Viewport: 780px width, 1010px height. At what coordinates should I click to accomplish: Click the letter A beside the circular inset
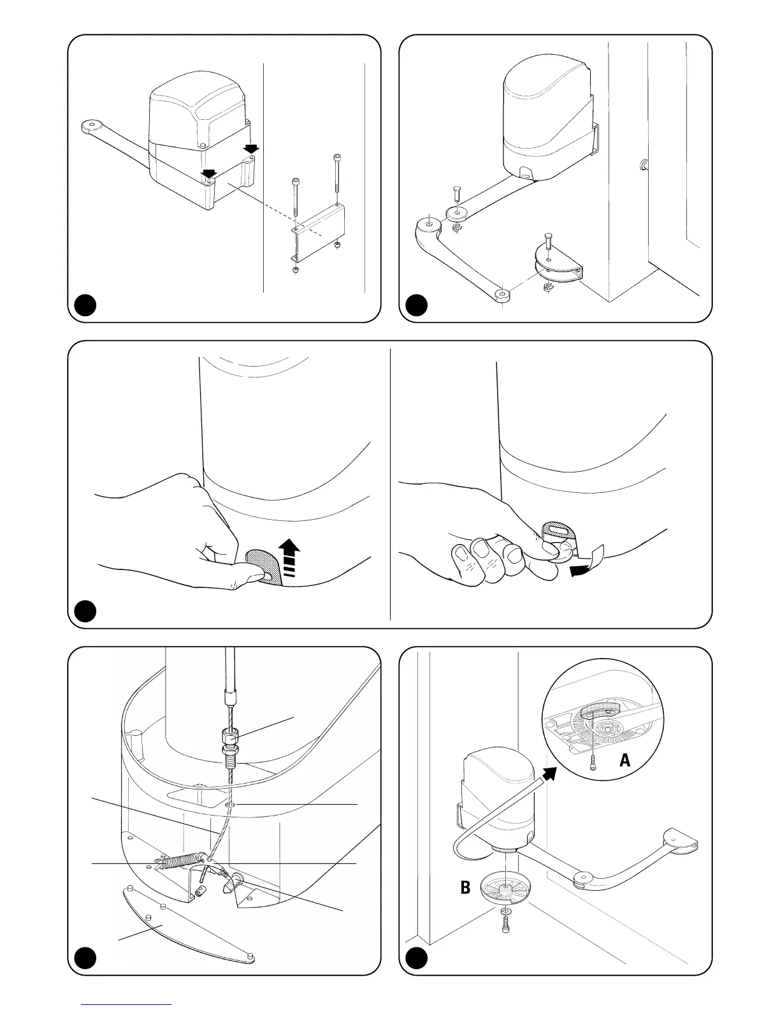625,760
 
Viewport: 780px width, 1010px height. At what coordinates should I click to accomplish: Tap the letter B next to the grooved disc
466,887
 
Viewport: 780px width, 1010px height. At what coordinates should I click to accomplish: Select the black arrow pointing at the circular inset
547,773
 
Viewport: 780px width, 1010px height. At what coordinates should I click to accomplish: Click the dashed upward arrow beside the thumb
291,557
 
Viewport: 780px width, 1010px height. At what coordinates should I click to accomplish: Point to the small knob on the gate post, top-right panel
642,166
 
